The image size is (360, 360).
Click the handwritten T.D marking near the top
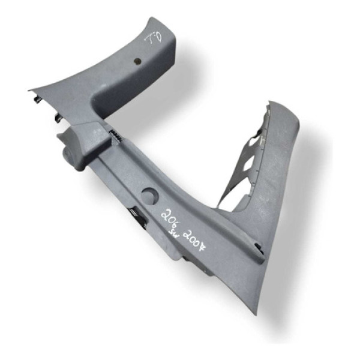pos(153,37)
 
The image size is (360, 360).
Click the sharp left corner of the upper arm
pos(30,92)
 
